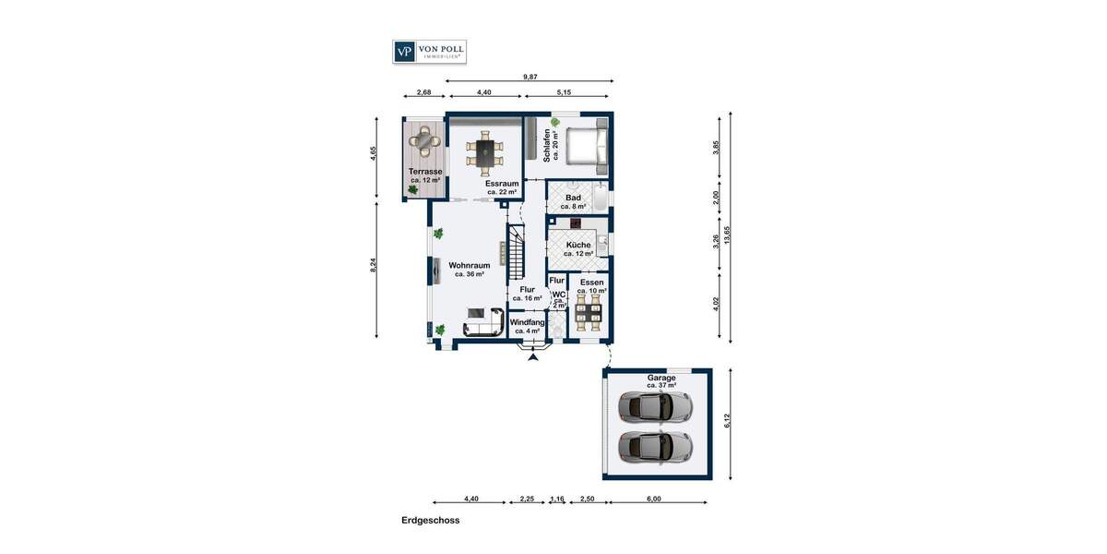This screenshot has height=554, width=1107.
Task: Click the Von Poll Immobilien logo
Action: [429, 52]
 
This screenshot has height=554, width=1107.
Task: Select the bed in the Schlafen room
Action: [586, 147]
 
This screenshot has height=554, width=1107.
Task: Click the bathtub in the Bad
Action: [601, 199]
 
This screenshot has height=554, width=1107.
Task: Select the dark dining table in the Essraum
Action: [484, 151]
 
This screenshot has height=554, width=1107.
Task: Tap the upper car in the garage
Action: [655, 404]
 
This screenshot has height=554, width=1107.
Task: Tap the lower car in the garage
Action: [655, 446]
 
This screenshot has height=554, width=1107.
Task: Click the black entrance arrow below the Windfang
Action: [532, 356]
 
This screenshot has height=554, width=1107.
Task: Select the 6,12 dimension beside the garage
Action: [728, 420]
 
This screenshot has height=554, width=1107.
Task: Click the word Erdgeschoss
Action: [430, 521]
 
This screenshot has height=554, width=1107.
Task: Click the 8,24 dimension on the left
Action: [374, 265]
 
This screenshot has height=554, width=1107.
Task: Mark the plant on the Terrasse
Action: [411, 189]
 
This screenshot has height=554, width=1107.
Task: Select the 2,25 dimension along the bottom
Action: [526, 499]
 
